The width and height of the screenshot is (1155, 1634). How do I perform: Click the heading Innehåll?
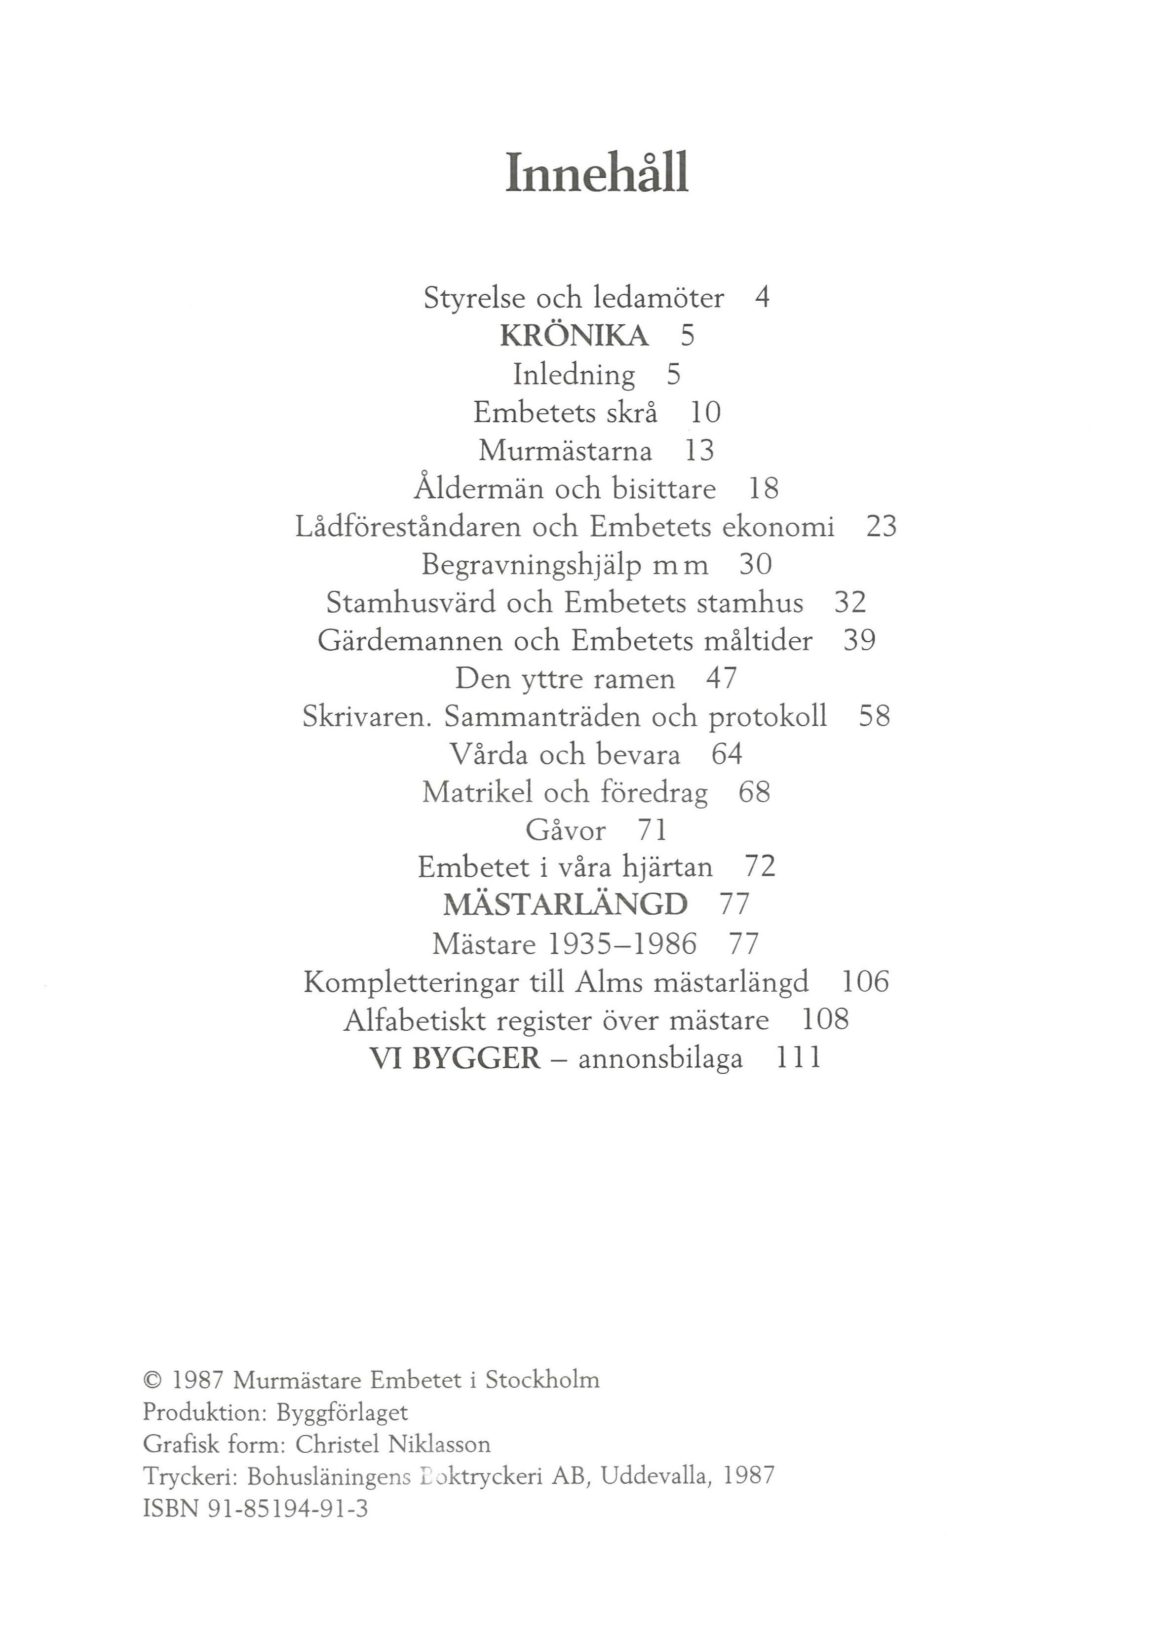(596, 173)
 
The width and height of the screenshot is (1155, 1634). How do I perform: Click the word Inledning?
(574, 374)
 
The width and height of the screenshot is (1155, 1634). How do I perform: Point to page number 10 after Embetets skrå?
(705, 413)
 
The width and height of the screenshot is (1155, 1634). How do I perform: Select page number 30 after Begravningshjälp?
(755, 564)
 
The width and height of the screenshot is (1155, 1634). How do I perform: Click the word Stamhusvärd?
(411, 603)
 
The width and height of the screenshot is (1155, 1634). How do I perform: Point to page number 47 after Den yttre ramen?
(721, 678)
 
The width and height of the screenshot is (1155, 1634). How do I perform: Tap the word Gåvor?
(566, 830)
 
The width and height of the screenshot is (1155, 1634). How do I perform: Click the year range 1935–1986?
(623, 944)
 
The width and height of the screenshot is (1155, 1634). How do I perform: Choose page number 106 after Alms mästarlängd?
(865, 982)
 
